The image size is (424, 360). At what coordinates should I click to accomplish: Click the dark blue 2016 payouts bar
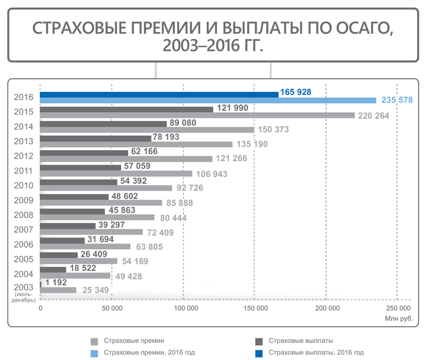click(x=159, y=94)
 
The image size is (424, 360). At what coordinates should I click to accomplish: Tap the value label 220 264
click(x=374, y=116)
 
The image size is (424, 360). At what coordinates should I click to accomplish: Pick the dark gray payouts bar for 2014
click(x=103, y=124)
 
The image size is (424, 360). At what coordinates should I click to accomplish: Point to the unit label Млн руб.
click(x=399, y=319)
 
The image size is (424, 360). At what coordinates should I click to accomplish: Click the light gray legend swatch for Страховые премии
click(x=95, y=341)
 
